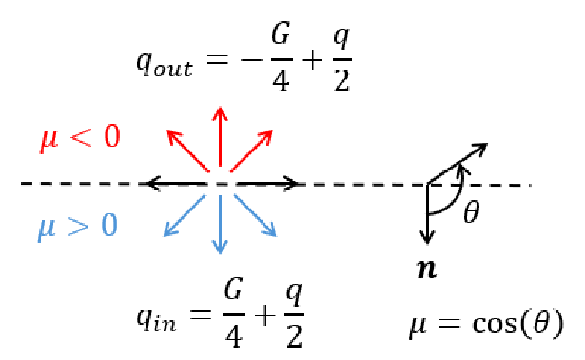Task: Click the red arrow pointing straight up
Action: point(220,137)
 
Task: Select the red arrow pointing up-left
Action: point(187,151)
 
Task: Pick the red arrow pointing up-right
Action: point(252,151)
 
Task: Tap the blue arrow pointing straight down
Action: point(220,224)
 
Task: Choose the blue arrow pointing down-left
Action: point(185,215)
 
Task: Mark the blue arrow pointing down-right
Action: point(255,215)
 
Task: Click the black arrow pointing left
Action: point(176,184)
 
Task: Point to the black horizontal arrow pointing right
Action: point(268,184)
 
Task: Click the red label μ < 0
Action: point(80,138)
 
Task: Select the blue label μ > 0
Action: point(78,227)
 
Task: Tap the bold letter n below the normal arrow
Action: point(427,269)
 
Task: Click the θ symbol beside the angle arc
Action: point(471,211)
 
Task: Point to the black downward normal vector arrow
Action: point(427,214)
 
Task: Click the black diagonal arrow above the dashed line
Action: point(458,164)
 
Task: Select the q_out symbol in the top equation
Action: point(164,64)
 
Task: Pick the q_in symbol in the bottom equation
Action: point(156,320)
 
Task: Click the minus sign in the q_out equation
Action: point(252,59)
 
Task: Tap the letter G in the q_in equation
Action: point(234,289)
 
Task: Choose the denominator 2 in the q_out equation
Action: point(341,80)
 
